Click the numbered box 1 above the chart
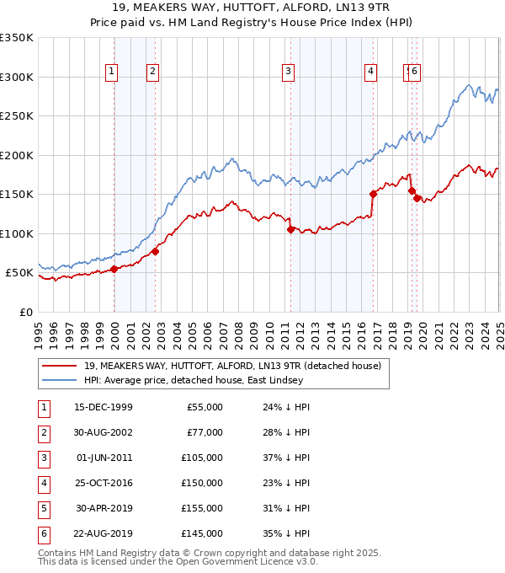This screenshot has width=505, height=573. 111,72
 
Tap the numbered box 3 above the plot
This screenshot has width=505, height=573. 288,72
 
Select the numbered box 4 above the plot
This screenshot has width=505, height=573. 370,72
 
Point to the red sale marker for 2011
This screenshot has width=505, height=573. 290,229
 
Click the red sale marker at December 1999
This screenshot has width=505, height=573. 114,270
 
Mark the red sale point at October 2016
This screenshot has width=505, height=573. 373,194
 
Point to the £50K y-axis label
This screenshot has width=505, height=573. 19,273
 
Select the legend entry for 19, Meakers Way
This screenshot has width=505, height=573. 232,366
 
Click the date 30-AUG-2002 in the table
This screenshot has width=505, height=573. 104,432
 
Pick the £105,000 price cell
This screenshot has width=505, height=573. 202,458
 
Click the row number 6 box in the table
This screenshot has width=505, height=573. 42,533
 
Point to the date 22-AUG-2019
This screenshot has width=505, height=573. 104,533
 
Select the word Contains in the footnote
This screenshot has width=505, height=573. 58,554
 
